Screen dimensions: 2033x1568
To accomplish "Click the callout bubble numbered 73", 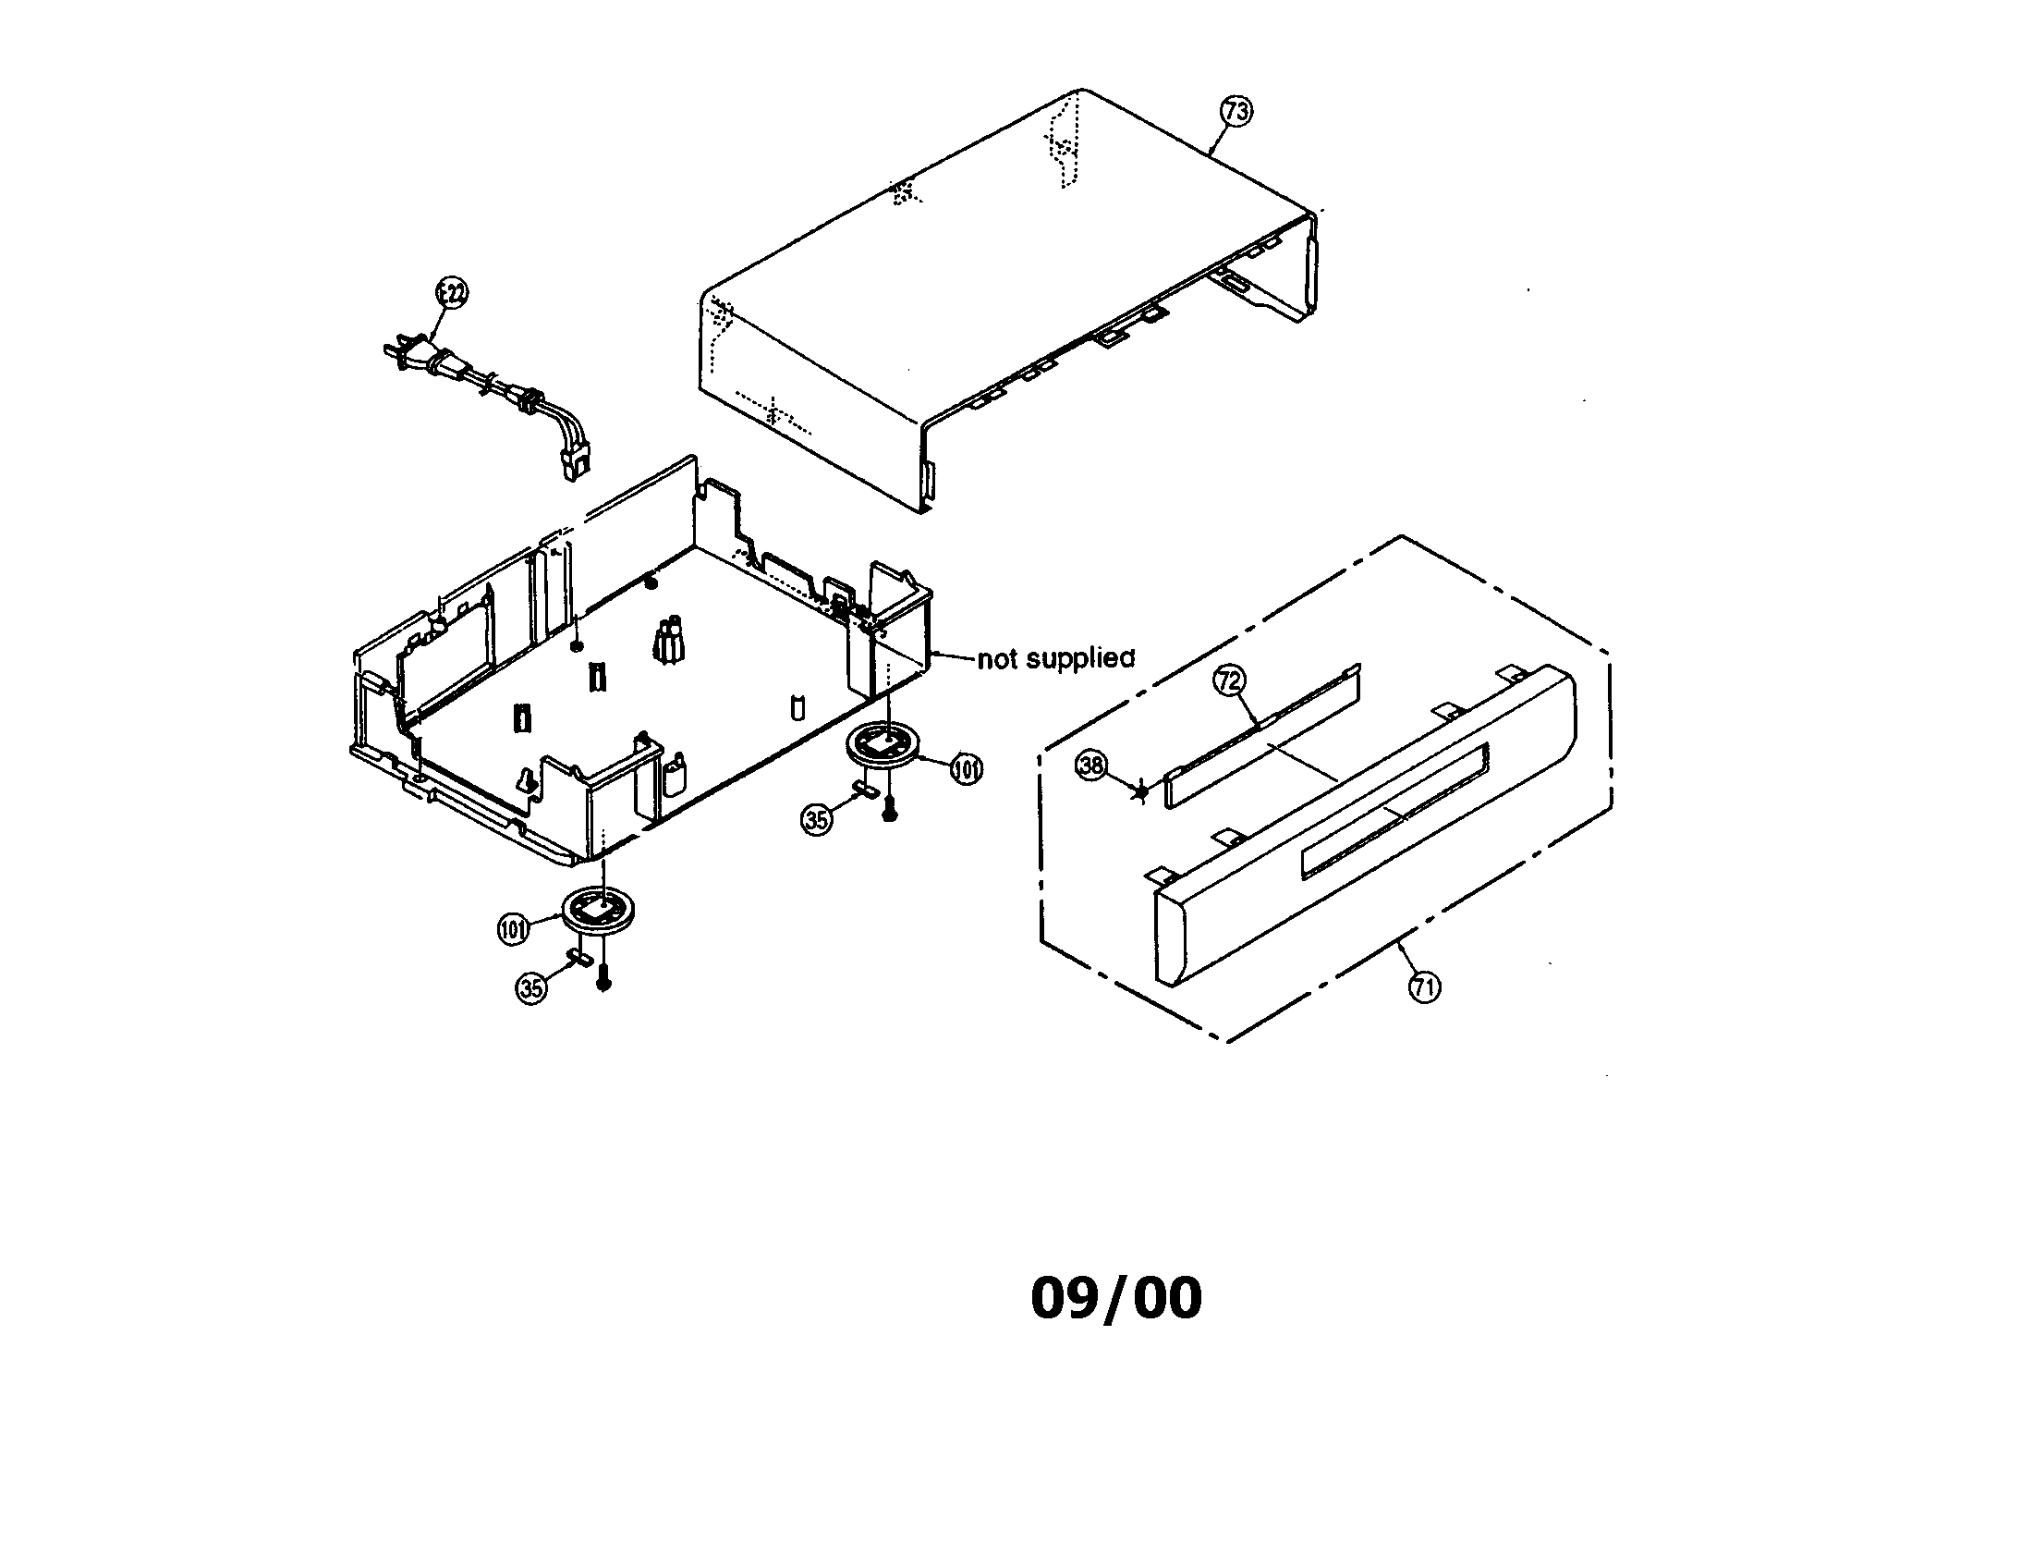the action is point(1236,112).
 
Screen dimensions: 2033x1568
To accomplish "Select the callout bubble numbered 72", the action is point(1229,681).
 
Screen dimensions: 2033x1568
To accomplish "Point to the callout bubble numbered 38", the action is point(1091,766).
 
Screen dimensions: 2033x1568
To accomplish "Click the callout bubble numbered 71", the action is point(1424,986).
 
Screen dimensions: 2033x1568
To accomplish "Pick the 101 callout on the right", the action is point(967,769).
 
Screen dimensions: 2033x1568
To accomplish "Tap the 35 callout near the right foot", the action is point(815,819).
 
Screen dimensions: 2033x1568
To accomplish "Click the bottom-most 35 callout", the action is point(531,987).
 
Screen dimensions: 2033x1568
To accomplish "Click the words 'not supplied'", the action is point(1055,659).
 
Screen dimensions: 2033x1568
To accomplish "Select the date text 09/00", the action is point(1116,1298).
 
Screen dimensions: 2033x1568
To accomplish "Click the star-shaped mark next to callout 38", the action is point(1140,791).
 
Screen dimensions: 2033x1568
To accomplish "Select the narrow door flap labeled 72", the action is point(1261,735).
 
